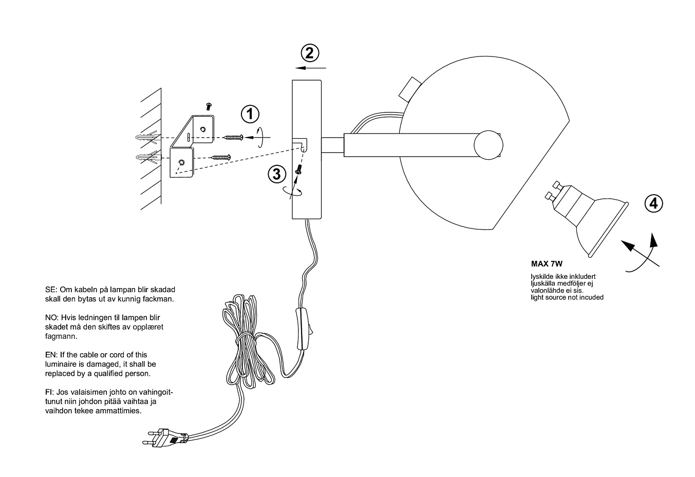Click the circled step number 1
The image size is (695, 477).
[x=250, y=113]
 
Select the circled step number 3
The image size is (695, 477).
[x=277, y=174]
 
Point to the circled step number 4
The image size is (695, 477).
[x=653, y=204]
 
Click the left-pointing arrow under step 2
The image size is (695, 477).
[x=311, y=67]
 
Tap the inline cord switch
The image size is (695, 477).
[x=304, y=328]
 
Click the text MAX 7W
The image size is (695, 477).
[x=547, y=264]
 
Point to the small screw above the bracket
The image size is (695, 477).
[x=209, y=106]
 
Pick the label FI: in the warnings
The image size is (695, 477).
[x=50, y=393]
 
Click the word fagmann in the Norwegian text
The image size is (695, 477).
[x=61, y=336]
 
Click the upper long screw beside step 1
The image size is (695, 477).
[x=233, y=137]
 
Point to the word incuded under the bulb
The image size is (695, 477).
[x=590, y=297]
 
